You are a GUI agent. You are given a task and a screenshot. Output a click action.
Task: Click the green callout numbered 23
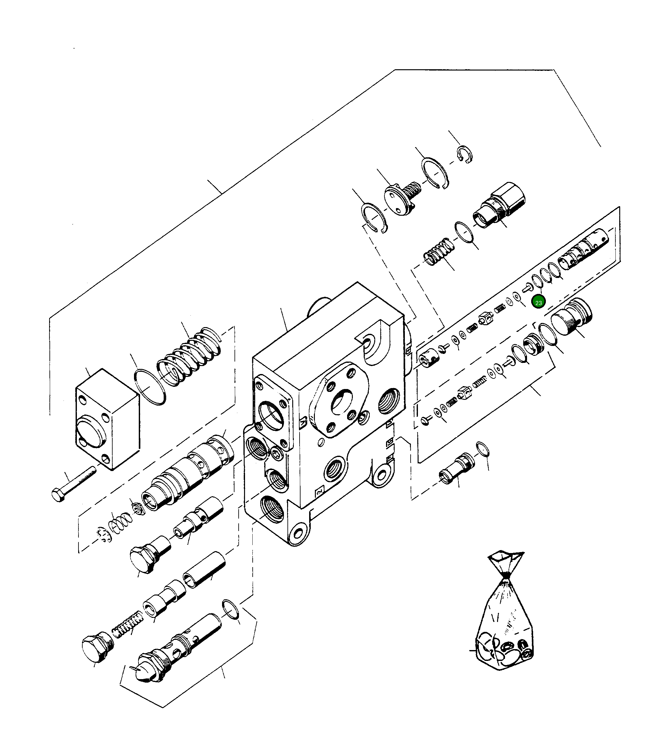(x=538, y=303)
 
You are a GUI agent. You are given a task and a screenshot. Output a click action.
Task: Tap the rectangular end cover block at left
(x=107, y=418)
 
